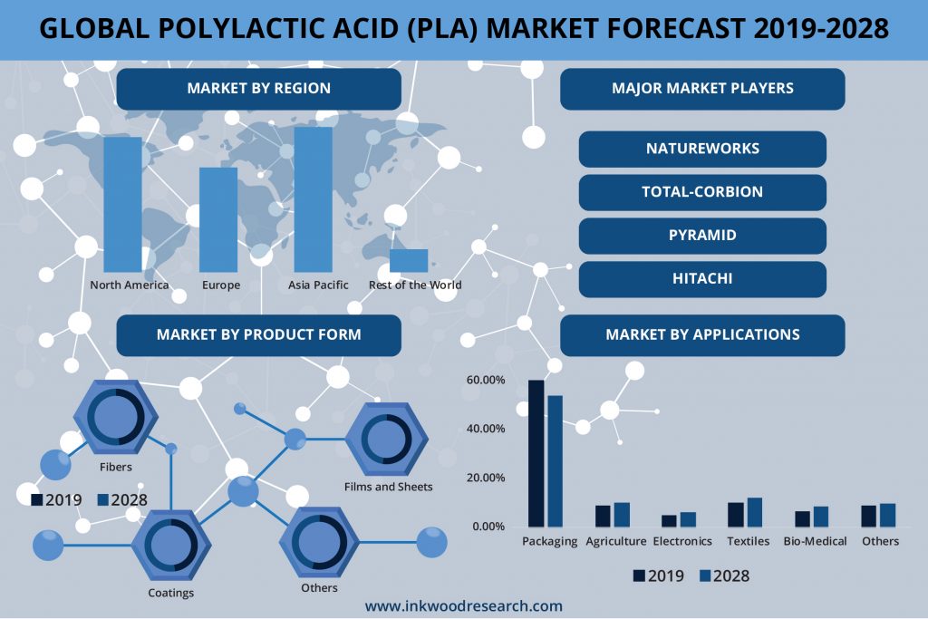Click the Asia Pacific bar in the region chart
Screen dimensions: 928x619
[x=313, y=199]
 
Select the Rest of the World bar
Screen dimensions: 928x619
[x=409, y=260]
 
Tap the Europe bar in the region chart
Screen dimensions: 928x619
[x=218, y=219]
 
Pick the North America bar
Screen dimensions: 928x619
[x=122, y=204]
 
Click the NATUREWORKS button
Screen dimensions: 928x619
[x=702, y=149]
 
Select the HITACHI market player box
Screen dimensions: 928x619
[x=702, y=279]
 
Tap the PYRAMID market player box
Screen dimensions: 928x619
[x=702, y=236]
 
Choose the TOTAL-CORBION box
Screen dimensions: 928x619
[x=702, y=192]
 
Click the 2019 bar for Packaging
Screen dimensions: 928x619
[x=536, y=453]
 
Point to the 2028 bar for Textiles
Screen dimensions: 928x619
[x=755, y=512]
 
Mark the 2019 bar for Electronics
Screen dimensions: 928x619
[x=669, y=521]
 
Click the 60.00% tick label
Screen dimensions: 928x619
[x=486, y=380]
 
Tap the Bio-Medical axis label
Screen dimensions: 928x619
[x=815, y=541]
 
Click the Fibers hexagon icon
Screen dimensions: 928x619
[x=116, y=417]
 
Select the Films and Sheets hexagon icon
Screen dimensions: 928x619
[x=386, y=439]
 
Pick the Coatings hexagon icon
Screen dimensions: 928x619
[x=171, y=545]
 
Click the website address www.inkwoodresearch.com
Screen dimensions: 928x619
[x=463, y=606]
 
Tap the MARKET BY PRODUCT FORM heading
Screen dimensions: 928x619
[x=258, y=335]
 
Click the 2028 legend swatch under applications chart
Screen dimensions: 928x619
[x=705, y=575]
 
